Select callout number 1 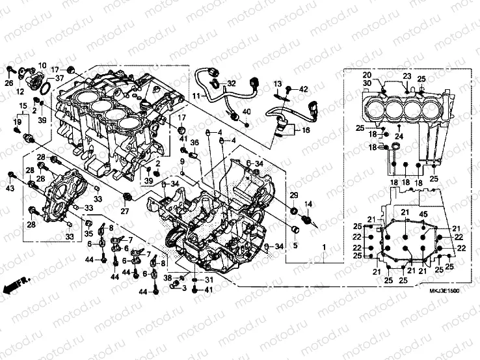point(323,248)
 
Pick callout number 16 point(306,131)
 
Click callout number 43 point(10,188)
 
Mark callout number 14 point(308,204)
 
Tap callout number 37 point(59,79)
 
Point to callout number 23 point(407,76)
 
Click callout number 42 point(304,88)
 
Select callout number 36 point(194,143)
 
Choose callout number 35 point(88,233)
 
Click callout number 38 point(167,278)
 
